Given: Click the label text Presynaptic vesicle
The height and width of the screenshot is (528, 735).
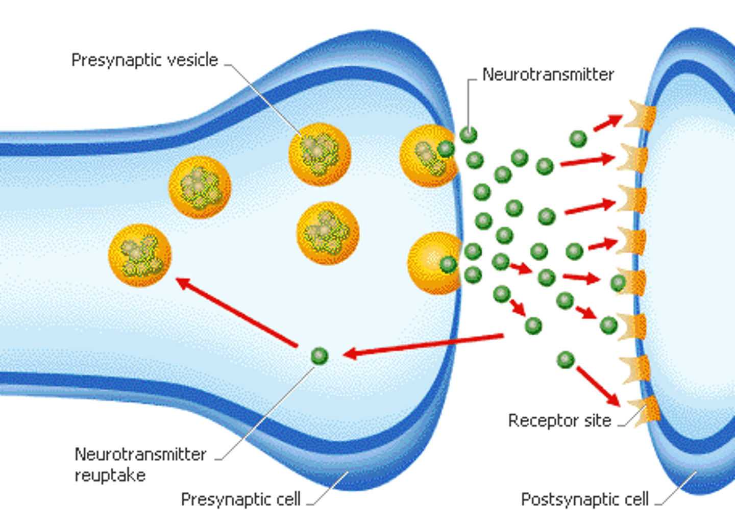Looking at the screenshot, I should (x=144, y=60).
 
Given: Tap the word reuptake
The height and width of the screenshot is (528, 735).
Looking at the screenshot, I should (x=110, y=475).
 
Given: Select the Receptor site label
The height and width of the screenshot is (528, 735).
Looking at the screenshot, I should (x=559, y=421).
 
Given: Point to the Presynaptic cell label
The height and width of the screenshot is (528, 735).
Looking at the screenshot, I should (x=240, y=499).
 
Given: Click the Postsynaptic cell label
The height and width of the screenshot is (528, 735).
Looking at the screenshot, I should (x=584, y=499).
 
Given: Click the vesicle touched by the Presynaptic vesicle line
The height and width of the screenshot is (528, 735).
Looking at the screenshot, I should (x=320, y=154).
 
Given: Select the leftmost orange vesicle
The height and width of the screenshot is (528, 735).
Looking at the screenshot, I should (x=139, y=255).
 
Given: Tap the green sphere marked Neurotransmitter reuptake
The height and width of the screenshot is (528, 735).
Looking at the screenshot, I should (x=320, y=356).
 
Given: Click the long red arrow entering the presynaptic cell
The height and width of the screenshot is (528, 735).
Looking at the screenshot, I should (x=424, y=345).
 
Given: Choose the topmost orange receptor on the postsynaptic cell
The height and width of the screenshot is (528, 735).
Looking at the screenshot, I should (x=639, y=117).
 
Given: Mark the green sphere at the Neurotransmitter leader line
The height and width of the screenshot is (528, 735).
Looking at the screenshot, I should (x=468, y=135).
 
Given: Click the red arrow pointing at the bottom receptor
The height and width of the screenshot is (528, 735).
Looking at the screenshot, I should (x=598, y=386).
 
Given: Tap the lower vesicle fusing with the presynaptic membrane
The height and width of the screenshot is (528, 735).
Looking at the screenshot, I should (x=434, y=263).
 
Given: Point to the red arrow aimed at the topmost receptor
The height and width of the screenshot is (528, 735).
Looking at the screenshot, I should (x=607, y=123).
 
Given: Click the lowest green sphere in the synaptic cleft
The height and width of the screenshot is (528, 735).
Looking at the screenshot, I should (x=565, y=360).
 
